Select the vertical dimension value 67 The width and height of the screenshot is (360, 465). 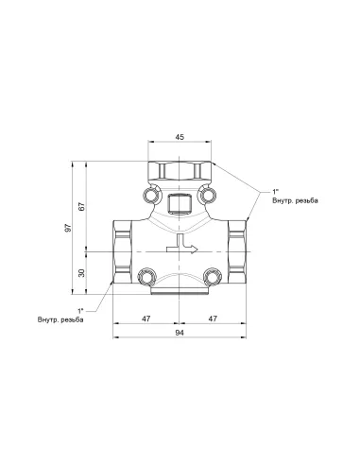pyautogui.click(x=83, y=206)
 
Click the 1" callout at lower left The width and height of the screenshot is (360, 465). pyautogui.click(x=81, y=310)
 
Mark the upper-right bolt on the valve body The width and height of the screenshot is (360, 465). pyautogui.click(x=209, y=197)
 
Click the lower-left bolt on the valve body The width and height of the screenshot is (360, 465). pyautogui.click(x=147, y=276)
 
